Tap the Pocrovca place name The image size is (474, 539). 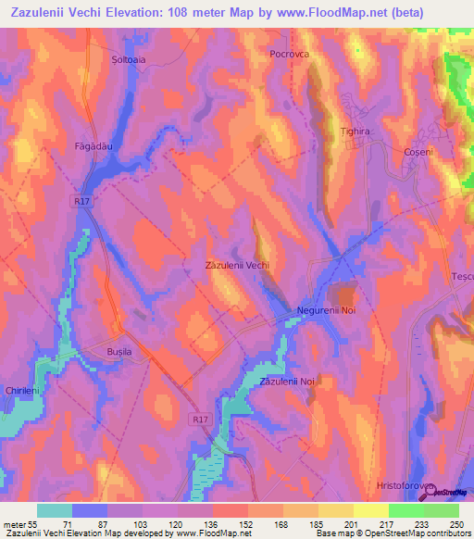[288, 55]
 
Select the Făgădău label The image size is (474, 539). [94, 146]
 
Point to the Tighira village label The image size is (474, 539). [355, 132]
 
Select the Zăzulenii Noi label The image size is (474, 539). [288, 382]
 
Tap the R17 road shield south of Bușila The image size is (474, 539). [202, 419]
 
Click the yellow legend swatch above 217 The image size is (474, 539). [370, 510]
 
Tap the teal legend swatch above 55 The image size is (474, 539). [54, 510]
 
